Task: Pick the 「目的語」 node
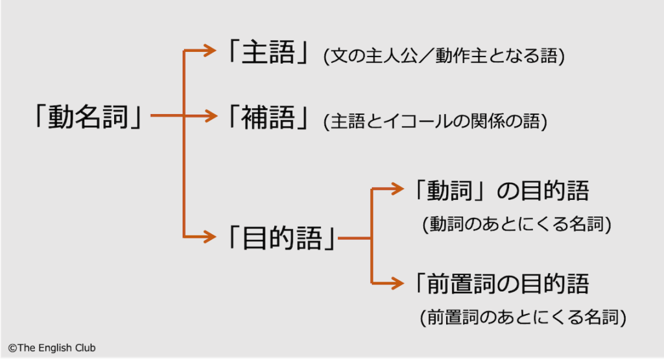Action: [x=281, y=238]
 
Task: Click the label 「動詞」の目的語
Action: [x=499, y=191]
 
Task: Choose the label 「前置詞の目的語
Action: [x=499, y=283]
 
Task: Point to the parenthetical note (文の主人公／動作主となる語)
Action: [x=444, y=56]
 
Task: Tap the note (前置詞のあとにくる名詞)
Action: [x=523, y=317]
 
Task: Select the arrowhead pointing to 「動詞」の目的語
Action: [x=397, y=189]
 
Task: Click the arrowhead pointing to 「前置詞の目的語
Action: [x=397, y=283]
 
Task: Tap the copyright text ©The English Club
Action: [x=51, y=348]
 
